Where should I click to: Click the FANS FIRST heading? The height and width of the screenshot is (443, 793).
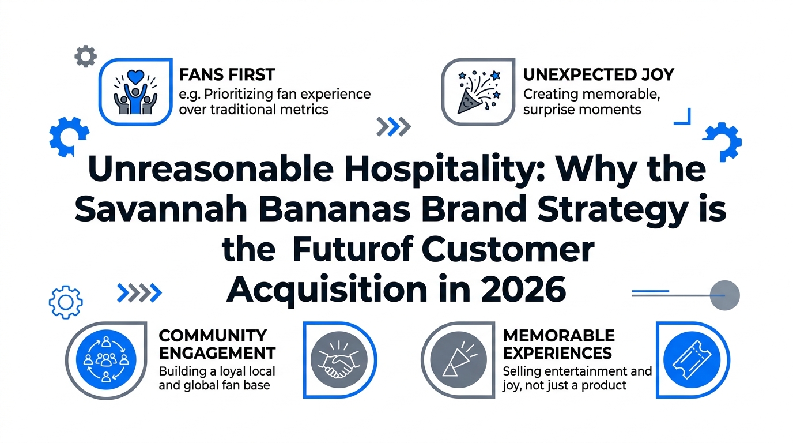pyautogui.click(x=227, y=75)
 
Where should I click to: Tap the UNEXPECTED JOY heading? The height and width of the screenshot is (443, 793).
pyautogui.click(x=599, y=75)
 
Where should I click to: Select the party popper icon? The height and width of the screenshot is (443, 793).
pyautogui.click(x=478, y=92)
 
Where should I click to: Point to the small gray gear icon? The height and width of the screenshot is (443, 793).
pyautogui.click(x=86, y=57)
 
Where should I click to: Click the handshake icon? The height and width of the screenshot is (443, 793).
pyautogui.click(x=339, y=360)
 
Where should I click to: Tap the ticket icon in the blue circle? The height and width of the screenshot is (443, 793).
pyautogui.click(x=692, y=360)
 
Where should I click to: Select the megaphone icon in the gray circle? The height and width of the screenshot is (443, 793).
pyautogui.click(x=458, y=360)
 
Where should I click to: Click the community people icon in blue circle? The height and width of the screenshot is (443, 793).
pyautogui.click(x=106, y=360)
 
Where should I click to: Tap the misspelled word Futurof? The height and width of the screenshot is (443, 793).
pyautogui.click(x=353, y=250)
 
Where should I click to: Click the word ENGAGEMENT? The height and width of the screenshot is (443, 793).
pyautogui.click(x=217, y=354)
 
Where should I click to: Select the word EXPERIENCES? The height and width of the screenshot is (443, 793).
pyautogui.click(x=558, y=354)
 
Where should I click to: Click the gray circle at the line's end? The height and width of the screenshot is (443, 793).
pyautogui.click(x=724, y=295)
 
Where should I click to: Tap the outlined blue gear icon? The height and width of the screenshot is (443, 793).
pyautogui.click(x=66, y=302)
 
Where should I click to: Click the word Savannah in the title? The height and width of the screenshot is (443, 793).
pyautogui.click(x=161, y=209)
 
